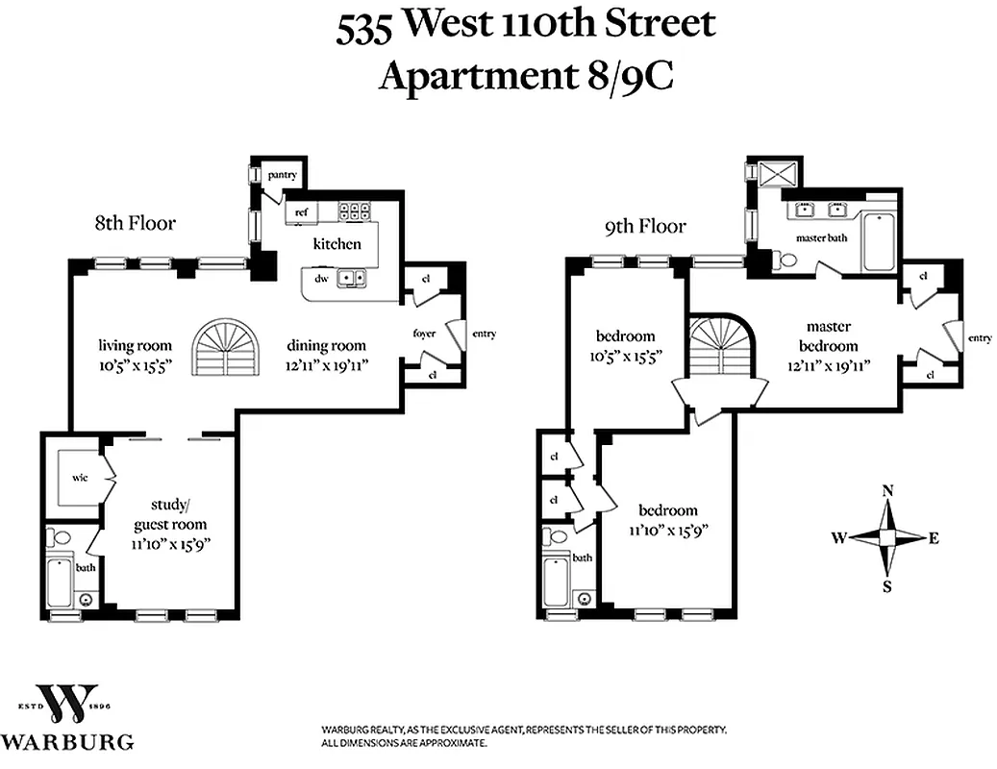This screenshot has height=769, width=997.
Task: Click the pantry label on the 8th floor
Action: pyautogui.click(x=283, y=175)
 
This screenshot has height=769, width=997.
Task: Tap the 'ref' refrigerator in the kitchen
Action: pyautogui.click(x=301, y=212)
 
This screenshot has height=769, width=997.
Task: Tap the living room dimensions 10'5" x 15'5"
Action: pyautogui.click(x=135, y=364)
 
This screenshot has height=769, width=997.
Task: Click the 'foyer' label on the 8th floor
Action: pyautogui.click(x=425, y=334)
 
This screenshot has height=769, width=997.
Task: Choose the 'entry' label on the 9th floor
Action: pyautogui.click(x=980, y=337)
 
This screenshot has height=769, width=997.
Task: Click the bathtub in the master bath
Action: pyautogui.click(x=879, y=241)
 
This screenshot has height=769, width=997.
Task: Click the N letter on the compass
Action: pyautogui.click(x=887, y=491)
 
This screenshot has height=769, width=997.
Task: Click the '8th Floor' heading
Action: pyautogui.click(x=135, y=223)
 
